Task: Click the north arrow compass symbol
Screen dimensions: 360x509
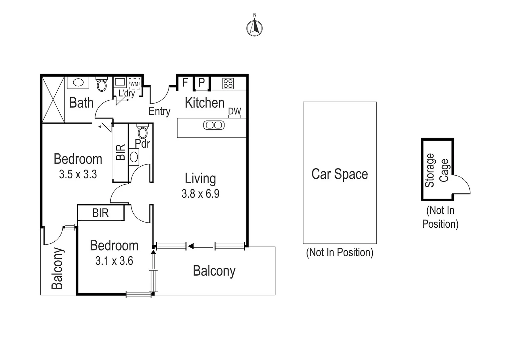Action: click(x=254, y=27)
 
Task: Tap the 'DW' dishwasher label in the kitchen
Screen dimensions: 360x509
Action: click(x=235, y=111)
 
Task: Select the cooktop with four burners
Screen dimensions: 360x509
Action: click(x=228, y=83)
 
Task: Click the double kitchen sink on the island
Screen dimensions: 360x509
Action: click(x=214, y=125)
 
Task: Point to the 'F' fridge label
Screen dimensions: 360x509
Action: click(x=185, y=82)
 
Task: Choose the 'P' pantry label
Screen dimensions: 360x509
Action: click(x=202, y=83)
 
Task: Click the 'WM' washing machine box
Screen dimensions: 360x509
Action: click(x=134, y=84)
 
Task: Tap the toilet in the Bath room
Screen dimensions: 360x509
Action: click(x=102, y=84)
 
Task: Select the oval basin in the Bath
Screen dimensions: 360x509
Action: click(x=78, y=82)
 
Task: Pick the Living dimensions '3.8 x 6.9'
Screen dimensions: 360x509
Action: click(x=200, y=194)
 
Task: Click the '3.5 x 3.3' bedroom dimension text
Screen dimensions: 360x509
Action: click(x=78, y=174)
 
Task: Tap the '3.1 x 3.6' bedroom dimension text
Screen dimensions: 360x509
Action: click(x=114, y=261)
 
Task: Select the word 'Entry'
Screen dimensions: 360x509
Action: click(x=159, y=111)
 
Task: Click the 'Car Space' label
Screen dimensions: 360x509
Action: click(x=339, y=174)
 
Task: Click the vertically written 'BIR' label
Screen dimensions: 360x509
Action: click(x=121, y=152)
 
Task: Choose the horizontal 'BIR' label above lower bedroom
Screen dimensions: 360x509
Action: click(x=100, y=213)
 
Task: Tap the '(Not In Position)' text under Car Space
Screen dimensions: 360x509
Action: click(x=339, y=252)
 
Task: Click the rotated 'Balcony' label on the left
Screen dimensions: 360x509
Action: click(x=57, y=268)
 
